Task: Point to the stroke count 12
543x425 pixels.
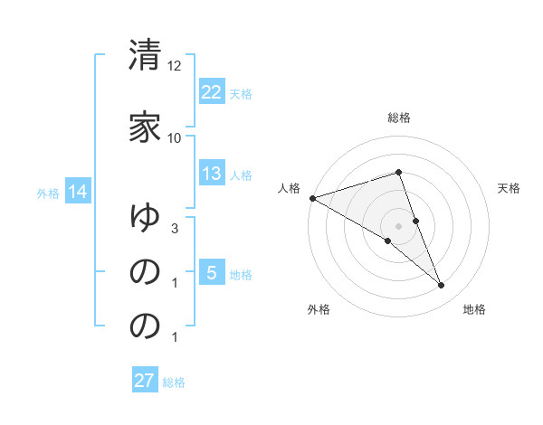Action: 175,66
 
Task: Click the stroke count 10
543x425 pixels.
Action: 175,137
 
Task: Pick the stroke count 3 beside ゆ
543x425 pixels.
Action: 175,230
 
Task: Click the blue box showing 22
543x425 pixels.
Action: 211,92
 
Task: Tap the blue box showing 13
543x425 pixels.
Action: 211,175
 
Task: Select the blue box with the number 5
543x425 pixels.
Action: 211,273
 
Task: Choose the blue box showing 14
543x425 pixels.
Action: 77,192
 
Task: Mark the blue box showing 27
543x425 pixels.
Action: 145,381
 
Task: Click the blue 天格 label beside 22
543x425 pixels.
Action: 241,94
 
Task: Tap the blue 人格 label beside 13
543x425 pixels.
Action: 241,175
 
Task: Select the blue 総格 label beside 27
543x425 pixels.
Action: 174,382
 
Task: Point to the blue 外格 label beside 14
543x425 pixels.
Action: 48,193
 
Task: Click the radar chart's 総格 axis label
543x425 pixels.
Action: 399,118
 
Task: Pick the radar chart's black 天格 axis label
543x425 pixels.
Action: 510,188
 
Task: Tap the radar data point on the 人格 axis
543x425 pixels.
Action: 312,198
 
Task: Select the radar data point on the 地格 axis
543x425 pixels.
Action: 442,286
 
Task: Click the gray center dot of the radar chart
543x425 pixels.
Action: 399,225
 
